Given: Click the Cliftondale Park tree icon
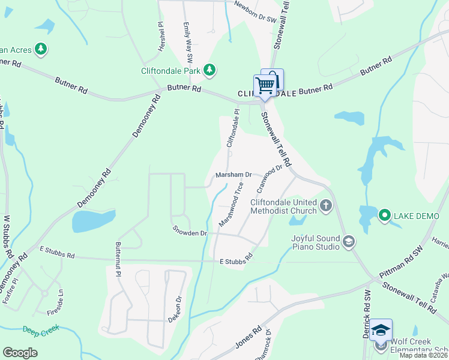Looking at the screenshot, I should click(209, 71).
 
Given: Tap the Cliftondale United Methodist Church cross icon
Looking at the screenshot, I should click(326, 206).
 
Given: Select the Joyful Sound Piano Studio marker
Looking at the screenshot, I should click(349, 242).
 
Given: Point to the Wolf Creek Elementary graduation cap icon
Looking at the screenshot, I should click(381, 331).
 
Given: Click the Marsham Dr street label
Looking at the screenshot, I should click(234, 175).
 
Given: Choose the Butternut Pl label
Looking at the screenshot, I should click(118, 259).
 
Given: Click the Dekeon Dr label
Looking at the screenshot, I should click(178, 309).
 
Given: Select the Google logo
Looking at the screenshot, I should click(20, 353).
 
